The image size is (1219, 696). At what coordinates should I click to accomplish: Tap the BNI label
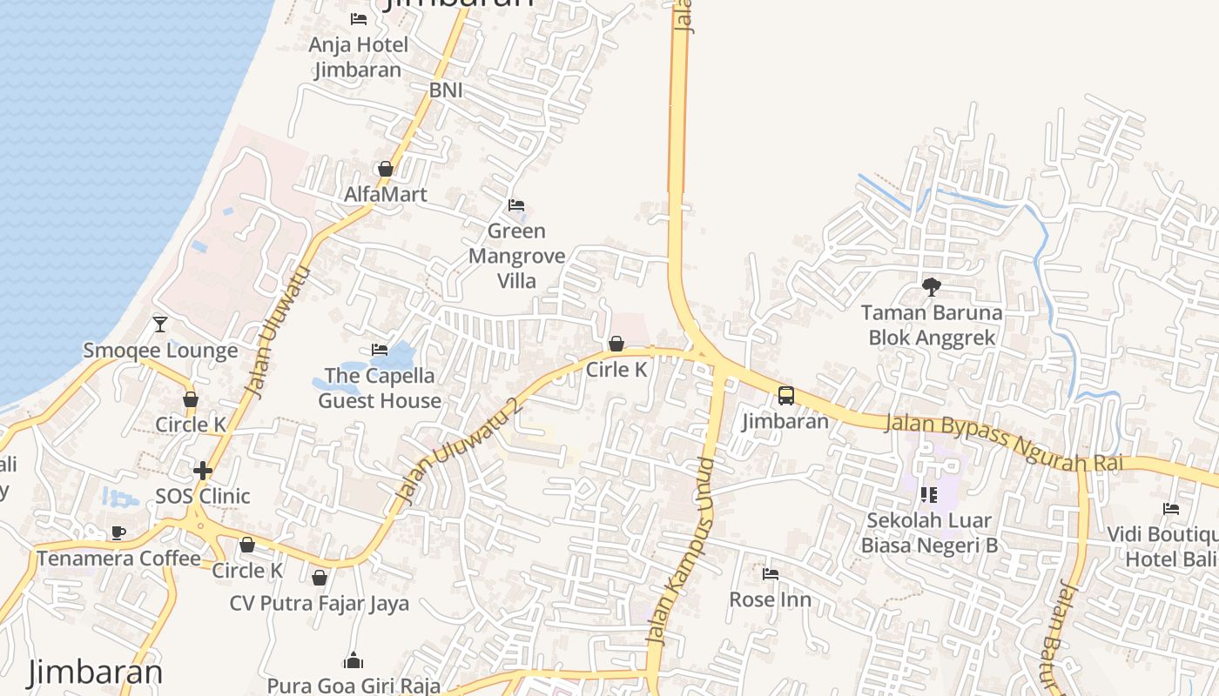coord(446,90)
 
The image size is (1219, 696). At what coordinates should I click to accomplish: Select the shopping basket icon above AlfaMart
coord(385,169)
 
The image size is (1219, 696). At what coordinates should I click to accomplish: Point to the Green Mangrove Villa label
coord(516,256)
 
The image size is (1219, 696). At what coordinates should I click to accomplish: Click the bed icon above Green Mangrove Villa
coord(516,205)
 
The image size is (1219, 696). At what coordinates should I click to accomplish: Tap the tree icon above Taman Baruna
coord(931,286)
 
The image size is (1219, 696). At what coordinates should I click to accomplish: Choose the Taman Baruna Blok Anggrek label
coord(931,325)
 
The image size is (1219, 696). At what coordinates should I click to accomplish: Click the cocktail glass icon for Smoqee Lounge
coord(160,325)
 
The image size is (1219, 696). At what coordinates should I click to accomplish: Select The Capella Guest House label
coord(380,388)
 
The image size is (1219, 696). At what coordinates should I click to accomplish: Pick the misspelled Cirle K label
coord(616,370)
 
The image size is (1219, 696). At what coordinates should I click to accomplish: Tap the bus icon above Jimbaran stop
coord(785,396)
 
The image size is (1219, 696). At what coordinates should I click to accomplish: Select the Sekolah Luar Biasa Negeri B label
coord(929,532)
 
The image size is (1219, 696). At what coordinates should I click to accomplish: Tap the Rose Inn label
coord(770,599)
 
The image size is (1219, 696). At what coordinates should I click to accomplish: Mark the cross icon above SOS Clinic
coord(203,471)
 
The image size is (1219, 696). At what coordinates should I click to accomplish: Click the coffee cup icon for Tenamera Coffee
coord(118,532)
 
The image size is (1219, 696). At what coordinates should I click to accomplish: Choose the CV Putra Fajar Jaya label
coord(320,603)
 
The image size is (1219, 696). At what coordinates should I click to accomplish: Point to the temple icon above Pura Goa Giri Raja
coord(353,661)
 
